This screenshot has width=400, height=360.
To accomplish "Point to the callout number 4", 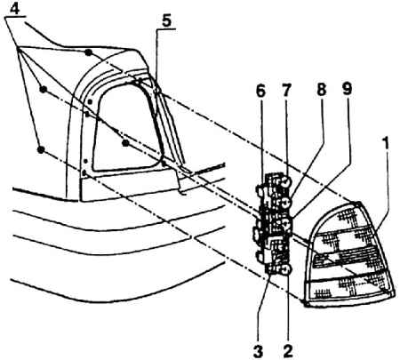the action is [14, 9].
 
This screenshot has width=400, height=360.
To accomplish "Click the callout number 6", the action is [260, 91].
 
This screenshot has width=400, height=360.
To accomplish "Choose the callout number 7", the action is [286, 90].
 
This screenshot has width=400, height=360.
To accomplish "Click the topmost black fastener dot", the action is [88, 52].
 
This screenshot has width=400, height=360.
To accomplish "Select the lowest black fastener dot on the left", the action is [41, 149].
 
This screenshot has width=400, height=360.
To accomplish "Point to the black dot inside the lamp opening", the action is [125, 143].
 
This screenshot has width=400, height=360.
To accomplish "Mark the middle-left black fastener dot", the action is [44, 89].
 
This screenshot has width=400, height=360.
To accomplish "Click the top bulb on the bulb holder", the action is [286, 182].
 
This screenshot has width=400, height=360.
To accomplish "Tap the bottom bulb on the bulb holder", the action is [287, 269].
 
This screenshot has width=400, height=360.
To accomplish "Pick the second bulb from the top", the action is [286, 203].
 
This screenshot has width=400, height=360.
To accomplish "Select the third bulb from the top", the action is [287, 225].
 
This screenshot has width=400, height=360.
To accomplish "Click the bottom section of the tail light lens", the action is [349, 289].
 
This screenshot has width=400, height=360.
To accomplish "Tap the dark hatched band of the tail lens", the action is [348, 259].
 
